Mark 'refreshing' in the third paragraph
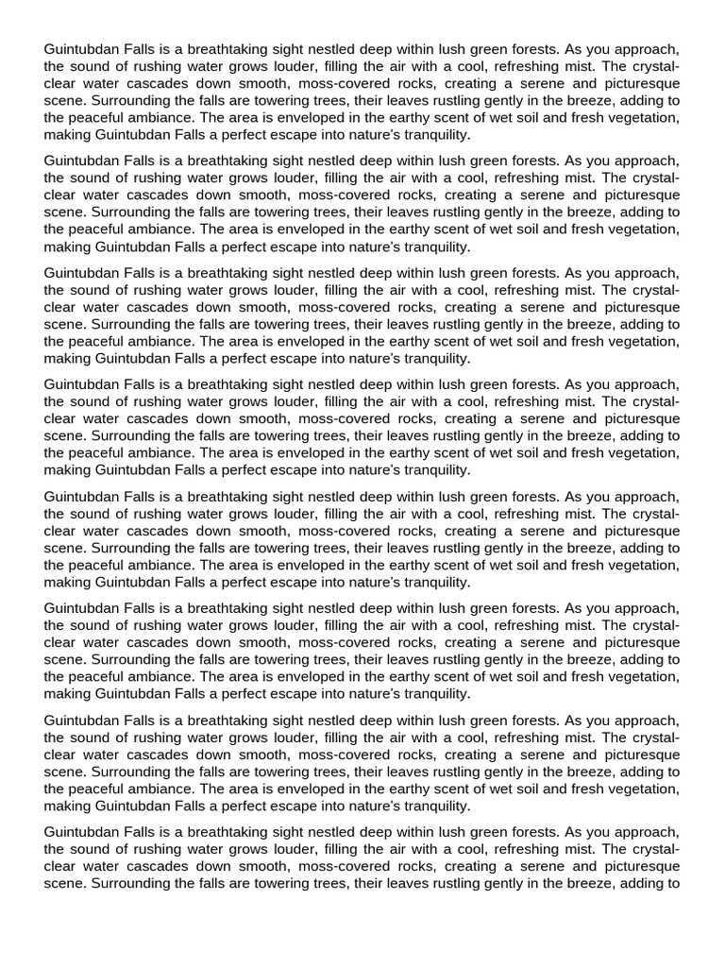coord(532,290)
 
